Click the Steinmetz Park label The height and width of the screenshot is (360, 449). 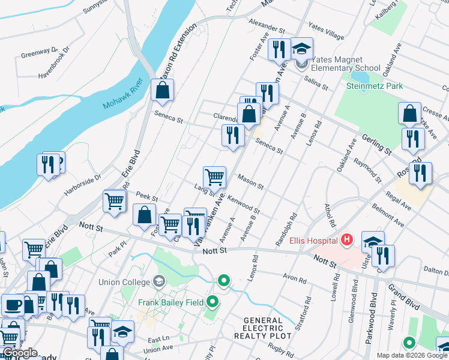click(375, 86)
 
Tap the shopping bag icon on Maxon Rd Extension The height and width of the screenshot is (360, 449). click(162, 91)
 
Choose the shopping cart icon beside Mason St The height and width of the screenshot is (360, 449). click(214, 177)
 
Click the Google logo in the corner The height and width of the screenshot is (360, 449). click(20, 353)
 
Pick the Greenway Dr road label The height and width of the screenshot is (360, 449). click(39, 53)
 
